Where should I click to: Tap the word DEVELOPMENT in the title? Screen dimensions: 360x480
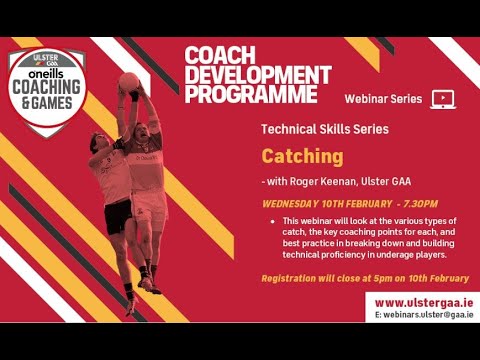click(257, 75)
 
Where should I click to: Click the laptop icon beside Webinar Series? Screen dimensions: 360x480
click(443, 98)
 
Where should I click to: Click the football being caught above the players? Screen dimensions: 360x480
click(130, 82)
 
